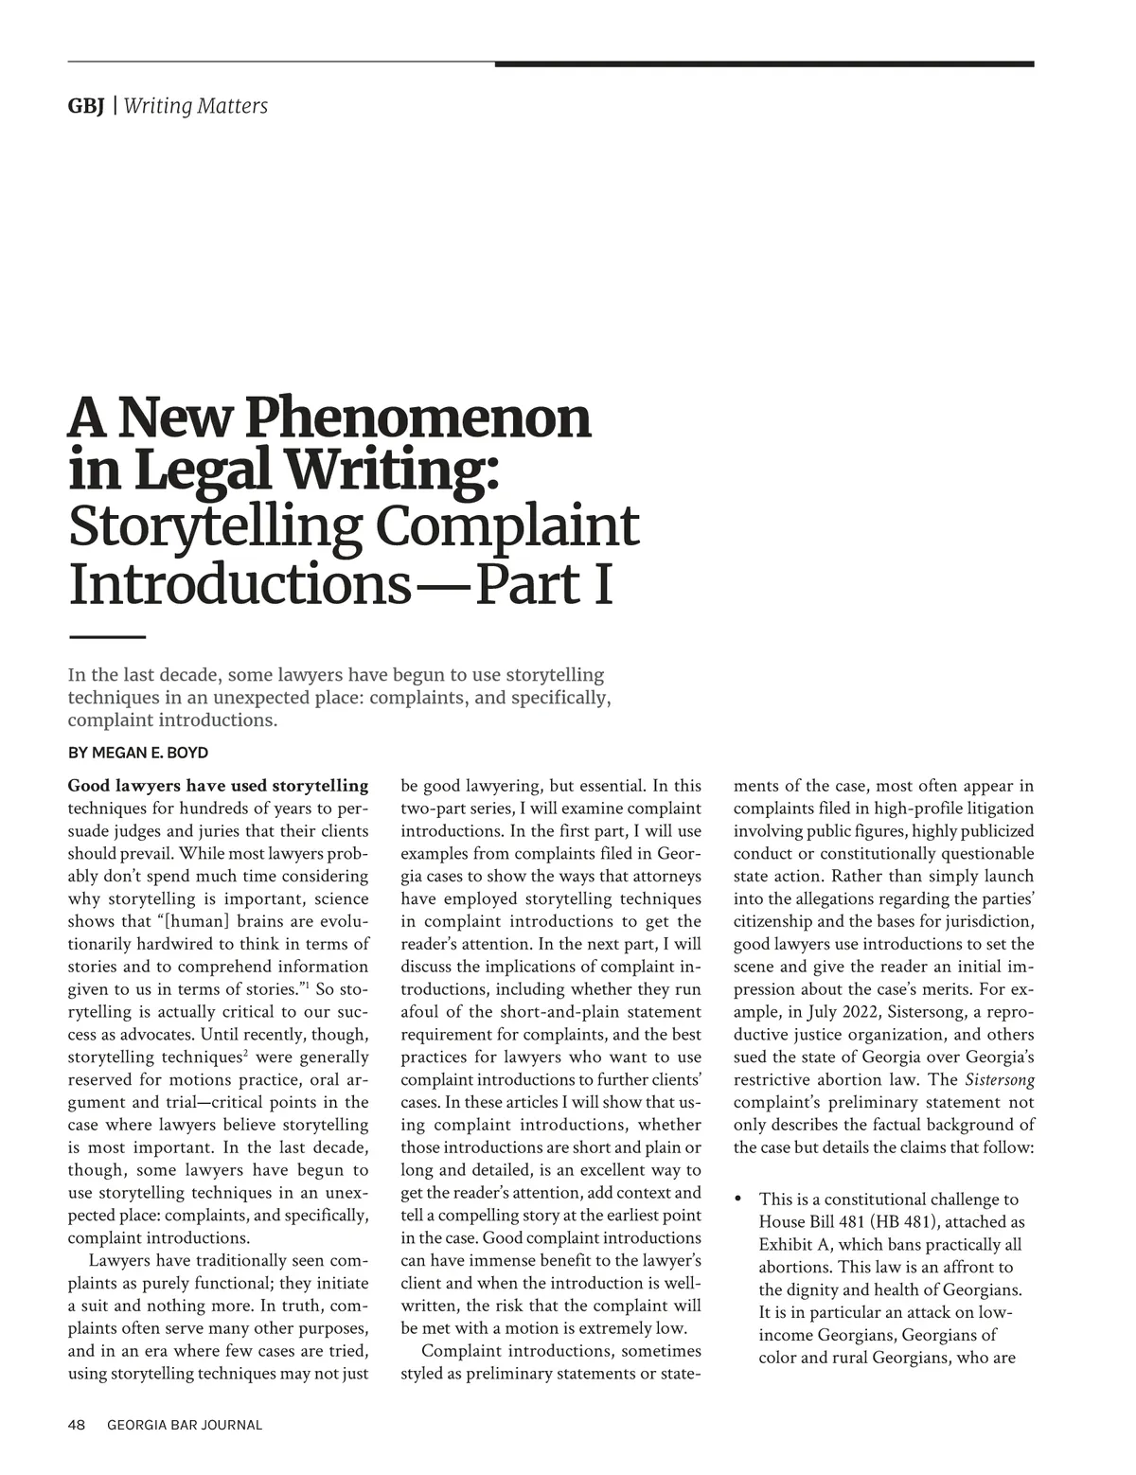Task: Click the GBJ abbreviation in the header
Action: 85,106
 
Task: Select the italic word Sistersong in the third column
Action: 1000,1080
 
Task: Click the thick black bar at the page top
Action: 764,64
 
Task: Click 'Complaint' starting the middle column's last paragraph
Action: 458,1351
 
